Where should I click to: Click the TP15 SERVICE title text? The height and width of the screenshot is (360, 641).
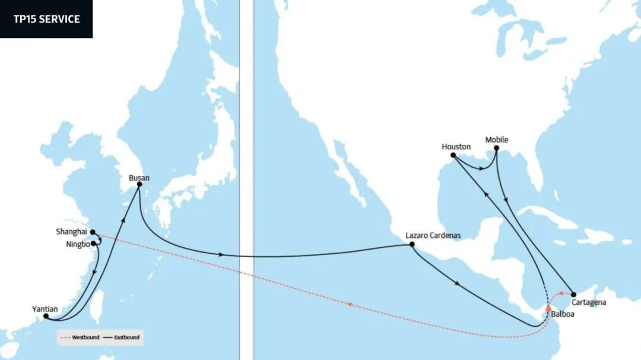(46, 19)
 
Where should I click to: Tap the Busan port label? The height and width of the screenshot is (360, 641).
(139, 177)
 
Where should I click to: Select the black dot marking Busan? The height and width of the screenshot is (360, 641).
(139, 184)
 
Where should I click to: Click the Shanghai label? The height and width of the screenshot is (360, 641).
(72, 231)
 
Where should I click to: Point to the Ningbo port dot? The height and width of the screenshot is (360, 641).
(94, 243)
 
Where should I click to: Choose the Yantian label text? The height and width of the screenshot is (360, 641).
(45, 308)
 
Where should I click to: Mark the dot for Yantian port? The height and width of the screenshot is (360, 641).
(46, 316)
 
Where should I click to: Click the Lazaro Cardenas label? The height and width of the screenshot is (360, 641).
(433, 235)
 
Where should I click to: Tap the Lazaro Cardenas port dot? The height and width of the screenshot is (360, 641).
(412, 244)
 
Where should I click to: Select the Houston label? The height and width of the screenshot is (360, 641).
(456, 146)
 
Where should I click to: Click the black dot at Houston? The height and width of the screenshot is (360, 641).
(453, 155)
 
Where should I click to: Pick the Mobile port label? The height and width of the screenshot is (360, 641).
(497, 140)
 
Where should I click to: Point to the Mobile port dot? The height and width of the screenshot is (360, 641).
(496, 148)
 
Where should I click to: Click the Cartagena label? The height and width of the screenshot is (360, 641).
(590, 302)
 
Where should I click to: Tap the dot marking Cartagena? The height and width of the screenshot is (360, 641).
(573, 294)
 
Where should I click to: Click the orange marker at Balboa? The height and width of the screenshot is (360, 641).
(548, 308)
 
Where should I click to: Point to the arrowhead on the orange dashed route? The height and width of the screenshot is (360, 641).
(350, 305)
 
